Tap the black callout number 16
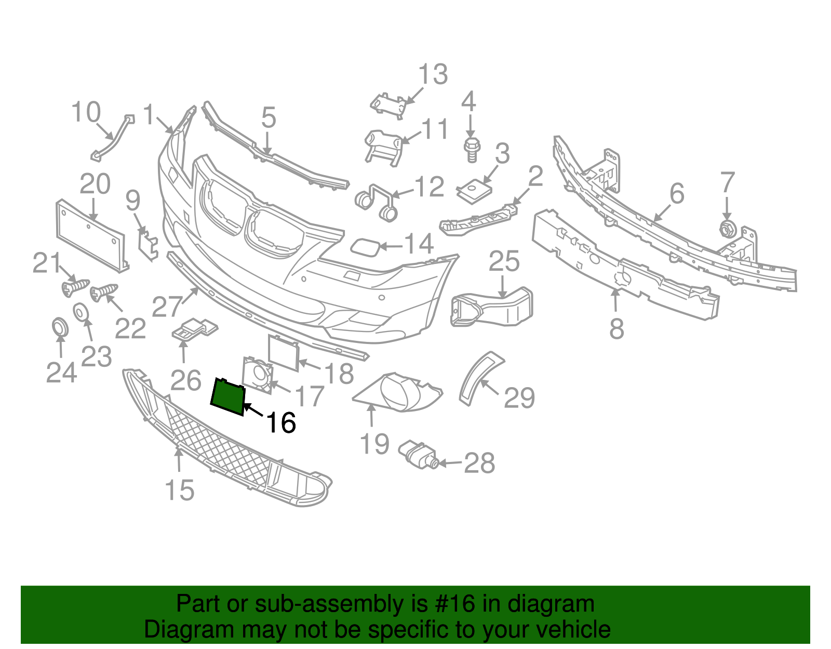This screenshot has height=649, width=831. pyautogui.click(x=281, y=422)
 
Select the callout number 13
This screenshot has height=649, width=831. pyautogui.click(x=433, y=75)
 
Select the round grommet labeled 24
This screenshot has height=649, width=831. pyautogui.click(x=60, y=327)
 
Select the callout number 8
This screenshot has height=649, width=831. pyautogui.click(x=616, y=328)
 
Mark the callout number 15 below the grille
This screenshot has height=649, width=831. pyautogui.click(x=180, y=490)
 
